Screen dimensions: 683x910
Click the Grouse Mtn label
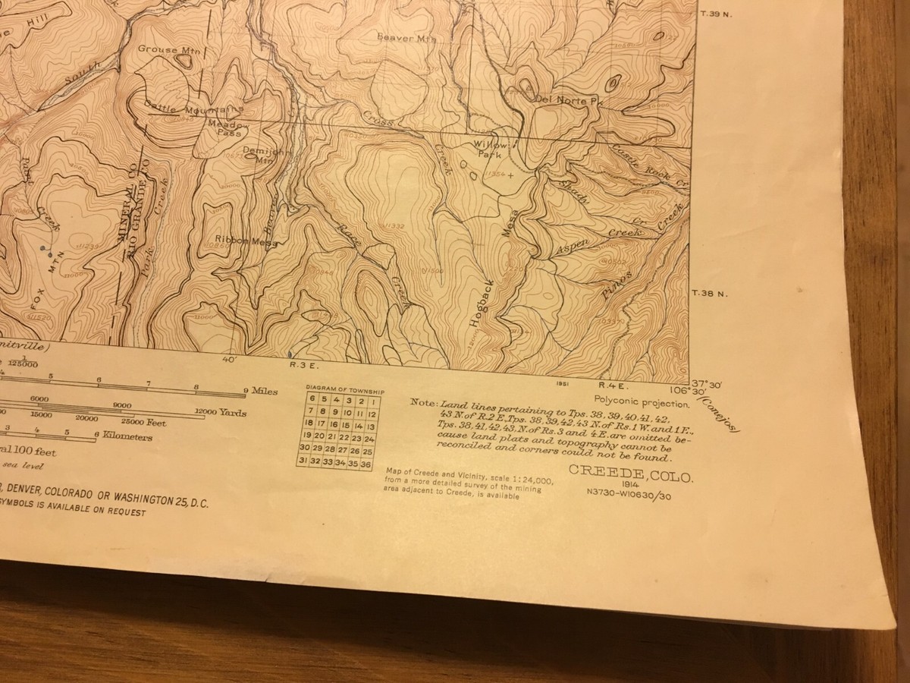pyautogui.click(x=167, y=50)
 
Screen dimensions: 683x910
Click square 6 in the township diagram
pyautogui.click(x=311, y=400)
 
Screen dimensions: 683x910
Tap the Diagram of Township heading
pyautogui.click(x=344, y=391)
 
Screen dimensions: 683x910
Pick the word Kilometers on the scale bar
pyautogui.click(x=127, y=437)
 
